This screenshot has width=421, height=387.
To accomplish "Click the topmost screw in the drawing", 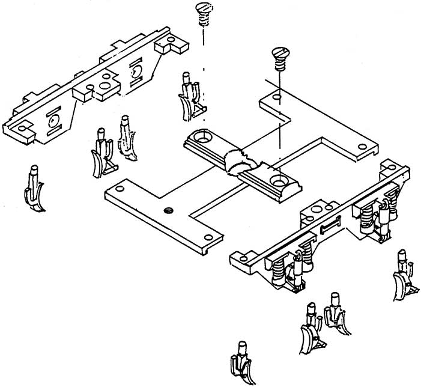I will [x=203, y=11].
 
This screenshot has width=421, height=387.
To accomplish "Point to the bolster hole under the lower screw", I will [x=278, y=179].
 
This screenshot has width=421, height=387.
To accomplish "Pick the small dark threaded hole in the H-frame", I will [x=168, y=210].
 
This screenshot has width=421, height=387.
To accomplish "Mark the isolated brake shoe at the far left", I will [x=35, y=189].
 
